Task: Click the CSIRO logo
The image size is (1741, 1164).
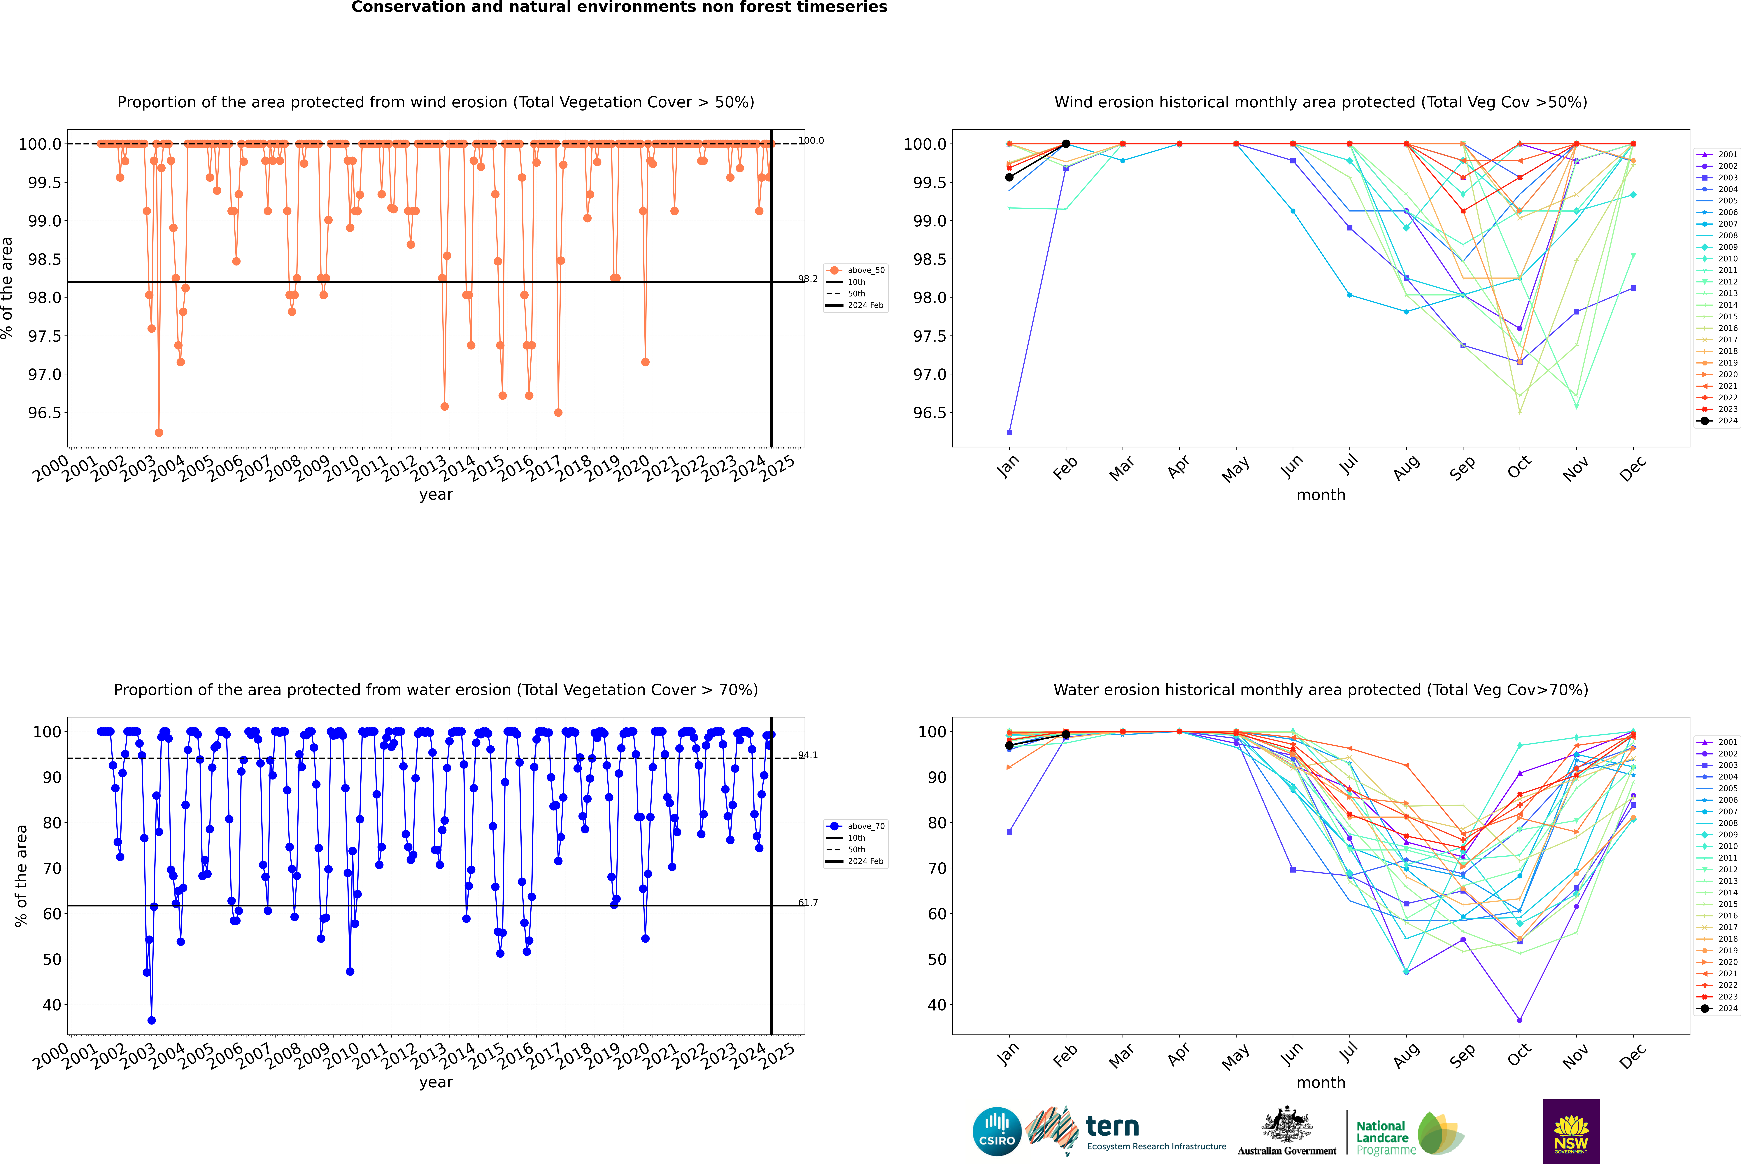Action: point(997,1131)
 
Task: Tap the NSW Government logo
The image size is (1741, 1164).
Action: point(1571,1131)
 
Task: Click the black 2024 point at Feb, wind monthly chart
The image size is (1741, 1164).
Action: point(1066,144)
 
